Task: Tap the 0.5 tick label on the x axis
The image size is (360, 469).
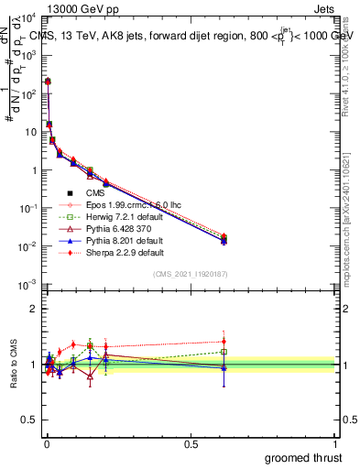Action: click(x=190, y=443)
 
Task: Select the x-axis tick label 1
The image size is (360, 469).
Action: click(x=335, y=443)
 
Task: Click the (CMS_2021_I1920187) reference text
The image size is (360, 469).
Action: click(x=190, y=274)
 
